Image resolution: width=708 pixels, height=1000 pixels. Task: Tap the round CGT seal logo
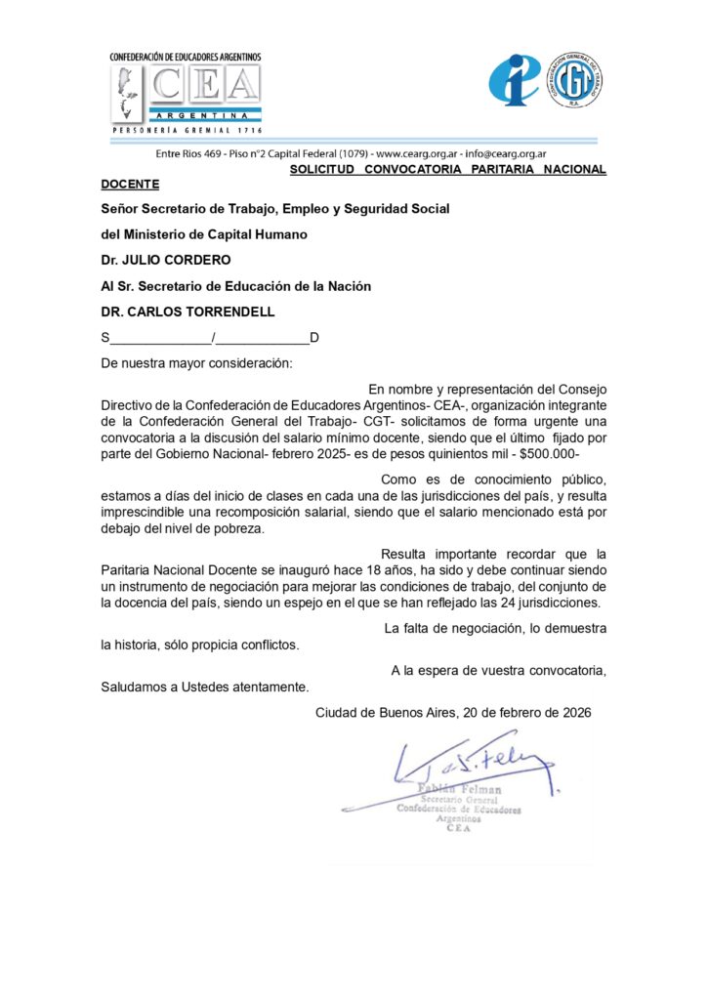[x=573, y=80]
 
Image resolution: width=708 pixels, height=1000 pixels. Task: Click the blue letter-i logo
[x=514, y=80]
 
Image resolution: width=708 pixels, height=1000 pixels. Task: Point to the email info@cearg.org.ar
[x=505, y=153]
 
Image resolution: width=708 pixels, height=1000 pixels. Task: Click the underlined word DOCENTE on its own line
[x=130, y=183]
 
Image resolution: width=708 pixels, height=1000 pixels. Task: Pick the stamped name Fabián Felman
[x=459, y=789]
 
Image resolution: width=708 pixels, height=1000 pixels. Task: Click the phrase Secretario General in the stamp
[x=459, y=800]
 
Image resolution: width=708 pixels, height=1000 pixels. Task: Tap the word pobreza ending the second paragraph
[x=240, y=528]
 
